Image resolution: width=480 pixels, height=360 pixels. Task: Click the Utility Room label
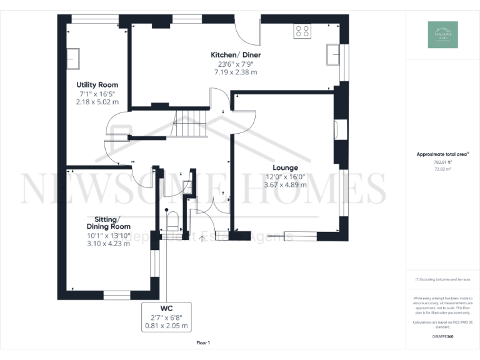click(97, 84)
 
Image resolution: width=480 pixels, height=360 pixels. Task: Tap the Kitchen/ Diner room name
click(236, 55)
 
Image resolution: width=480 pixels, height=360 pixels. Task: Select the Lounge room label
click(285, 167)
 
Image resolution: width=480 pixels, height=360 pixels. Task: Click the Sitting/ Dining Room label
click(108, 222)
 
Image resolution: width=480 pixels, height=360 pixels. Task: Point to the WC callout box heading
click(166, 308)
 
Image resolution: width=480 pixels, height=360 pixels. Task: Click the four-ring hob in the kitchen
click(303, 31)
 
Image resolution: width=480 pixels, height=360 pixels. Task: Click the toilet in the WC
click(172, 221)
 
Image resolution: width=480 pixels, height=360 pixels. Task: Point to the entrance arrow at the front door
click(201, 238)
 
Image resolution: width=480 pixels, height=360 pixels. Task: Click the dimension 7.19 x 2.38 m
click(236, 72)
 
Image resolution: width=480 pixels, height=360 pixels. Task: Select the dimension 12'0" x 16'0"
click(285, 176)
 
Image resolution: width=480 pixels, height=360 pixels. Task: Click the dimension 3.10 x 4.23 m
click(108, 244)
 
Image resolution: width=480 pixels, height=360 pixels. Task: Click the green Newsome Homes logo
click(442, 35)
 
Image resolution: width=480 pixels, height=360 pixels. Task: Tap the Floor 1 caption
click(203, 342)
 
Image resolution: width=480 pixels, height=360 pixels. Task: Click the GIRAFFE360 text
click(442, 336)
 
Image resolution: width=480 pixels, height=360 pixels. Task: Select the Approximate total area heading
click(442, 154)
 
